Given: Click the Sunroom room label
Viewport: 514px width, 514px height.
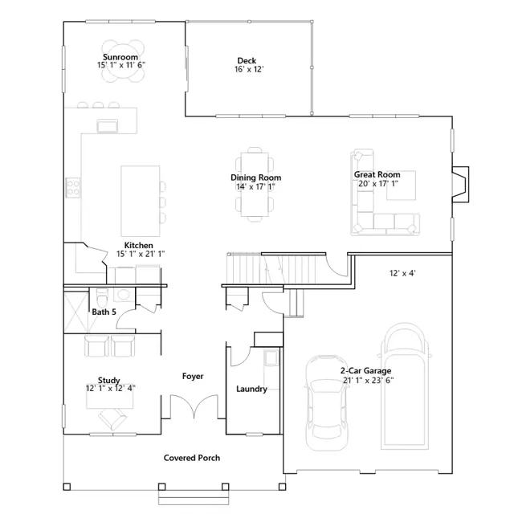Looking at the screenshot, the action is click(120, 57).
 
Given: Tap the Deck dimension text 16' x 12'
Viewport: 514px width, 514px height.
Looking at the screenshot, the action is click(249, 69).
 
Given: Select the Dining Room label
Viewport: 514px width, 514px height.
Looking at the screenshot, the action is click(255, 177).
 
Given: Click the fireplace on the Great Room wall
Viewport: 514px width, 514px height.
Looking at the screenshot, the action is click(460, 184).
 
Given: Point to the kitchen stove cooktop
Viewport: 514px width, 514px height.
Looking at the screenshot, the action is click(73, 187).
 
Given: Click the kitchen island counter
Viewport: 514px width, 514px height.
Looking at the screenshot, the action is click(141, 201).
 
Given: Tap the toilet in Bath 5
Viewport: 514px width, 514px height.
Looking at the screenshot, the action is click(102, 297).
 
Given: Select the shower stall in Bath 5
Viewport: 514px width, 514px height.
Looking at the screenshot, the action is click(76, 312).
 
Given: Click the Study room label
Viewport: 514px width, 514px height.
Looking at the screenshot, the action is click(109, 380).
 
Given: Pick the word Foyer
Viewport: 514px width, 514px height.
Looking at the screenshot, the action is click(193, 377).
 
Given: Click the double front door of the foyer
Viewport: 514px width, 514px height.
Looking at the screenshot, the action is click(194, 406).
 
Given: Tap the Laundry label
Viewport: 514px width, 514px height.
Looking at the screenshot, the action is click(251, 389).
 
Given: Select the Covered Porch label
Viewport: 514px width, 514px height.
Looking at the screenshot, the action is click(192, 458).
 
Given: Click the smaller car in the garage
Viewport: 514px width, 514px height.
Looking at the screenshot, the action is click(327, 402).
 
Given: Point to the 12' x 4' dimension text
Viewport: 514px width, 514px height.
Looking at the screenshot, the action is click(402, 273).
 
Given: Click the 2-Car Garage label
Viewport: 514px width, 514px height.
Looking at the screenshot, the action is click(365, 371).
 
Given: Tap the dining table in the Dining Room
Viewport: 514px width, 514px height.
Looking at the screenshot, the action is click(255, 184).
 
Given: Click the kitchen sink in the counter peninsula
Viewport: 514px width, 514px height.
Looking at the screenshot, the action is click(107, 126).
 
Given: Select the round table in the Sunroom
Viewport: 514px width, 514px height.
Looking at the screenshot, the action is click(123, 61).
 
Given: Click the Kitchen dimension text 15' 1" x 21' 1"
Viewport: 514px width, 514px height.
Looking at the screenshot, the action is click(141, 254).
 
